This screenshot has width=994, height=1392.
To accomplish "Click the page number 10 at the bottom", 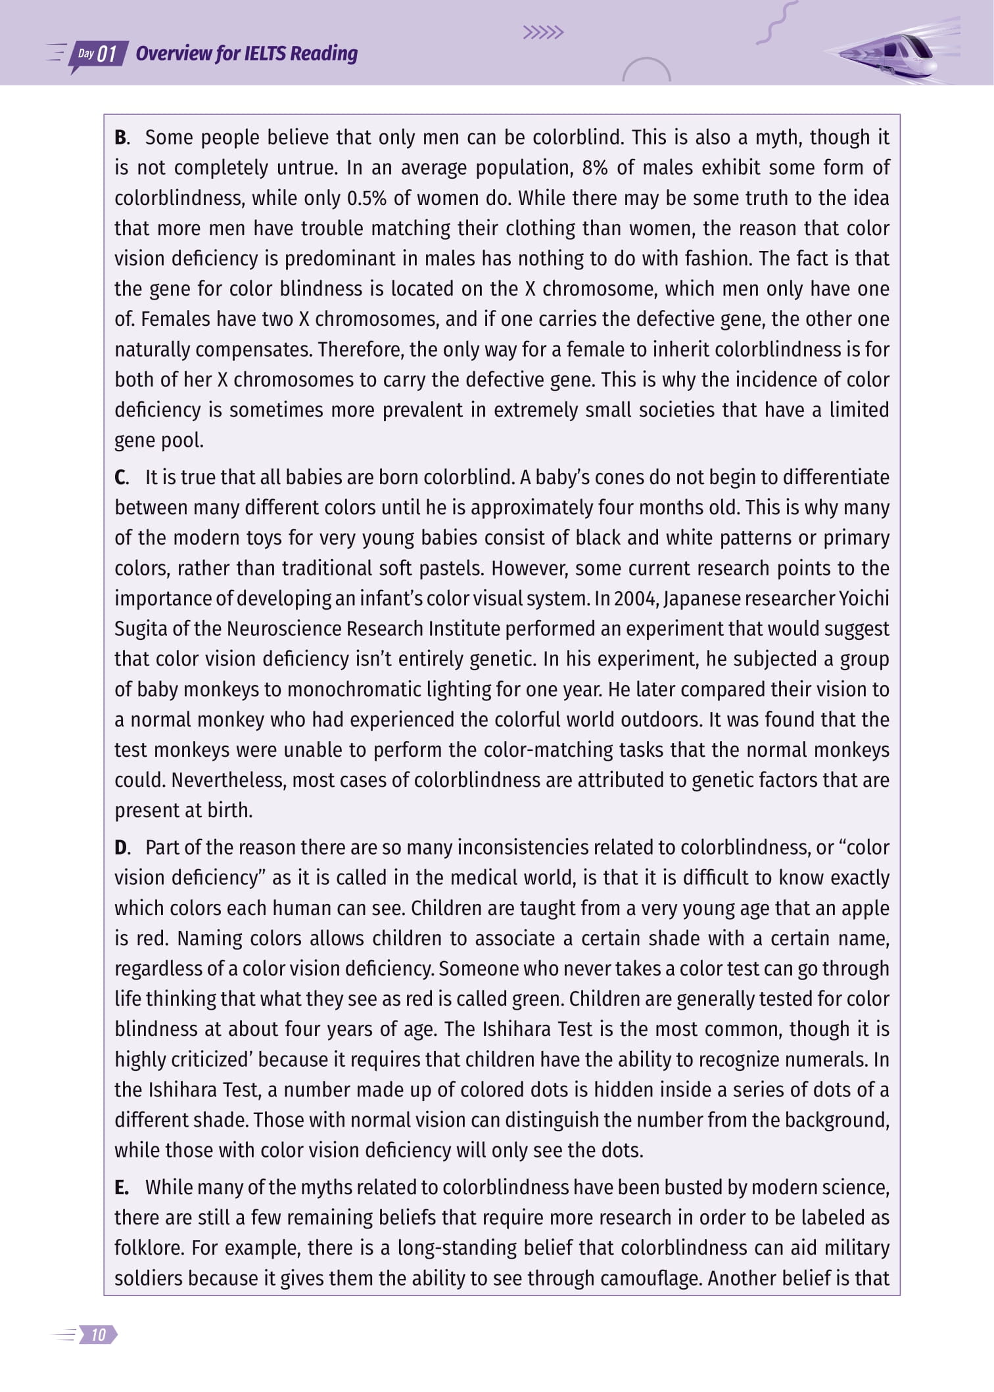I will coord(99,1334).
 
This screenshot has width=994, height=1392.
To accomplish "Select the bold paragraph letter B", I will coord(121,138).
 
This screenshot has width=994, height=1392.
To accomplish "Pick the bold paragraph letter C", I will coord(121,478).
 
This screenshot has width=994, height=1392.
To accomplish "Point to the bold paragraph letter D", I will coord(122,847).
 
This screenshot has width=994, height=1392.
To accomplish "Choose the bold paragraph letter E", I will coord(121,1187).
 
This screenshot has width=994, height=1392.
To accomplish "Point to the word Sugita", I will coord(141,629).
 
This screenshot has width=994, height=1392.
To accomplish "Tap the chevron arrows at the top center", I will coord(543,33).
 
